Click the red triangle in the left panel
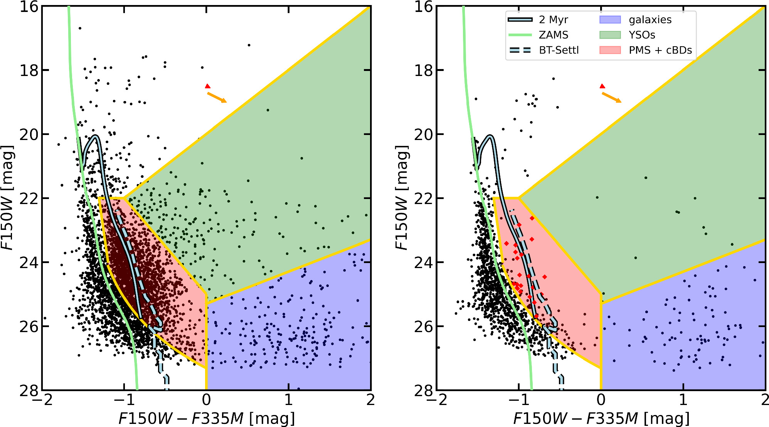(x=207, y=86)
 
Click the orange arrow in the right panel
(x=611, y=98)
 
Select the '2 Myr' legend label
(x=553, y=20)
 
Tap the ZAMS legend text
(x=553, y=35)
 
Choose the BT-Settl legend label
(x=559, y=50)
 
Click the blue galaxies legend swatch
(x=610, y=20)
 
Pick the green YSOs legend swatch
(x=610, y=35)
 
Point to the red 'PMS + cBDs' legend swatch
(x=610, y=50)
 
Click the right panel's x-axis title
(x=601, y=418)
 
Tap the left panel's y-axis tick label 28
(x=29, y=390)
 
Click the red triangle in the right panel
(x=602, y=86)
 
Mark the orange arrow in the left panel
(x=217, y=98)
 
